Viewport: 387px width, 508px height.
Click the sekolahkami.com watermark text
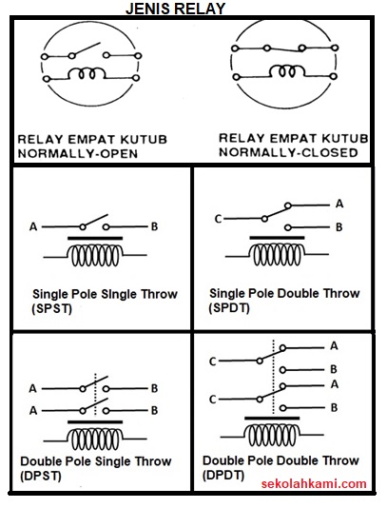coord(314,483)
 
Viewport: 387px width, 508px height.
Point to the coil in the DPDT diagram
coord(279,435)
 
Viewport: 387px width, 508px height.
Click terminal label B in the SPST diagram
coord(155,226)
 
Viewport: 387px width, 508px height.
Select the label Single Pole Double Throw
coord(284,293)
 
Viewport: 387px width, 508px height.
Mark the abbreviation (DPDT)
coord(224,475)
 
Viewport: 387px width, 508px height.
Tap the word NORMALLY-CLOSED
coord(288,151)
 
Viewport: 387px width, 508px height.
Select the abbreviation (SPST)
coord(52,309)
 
